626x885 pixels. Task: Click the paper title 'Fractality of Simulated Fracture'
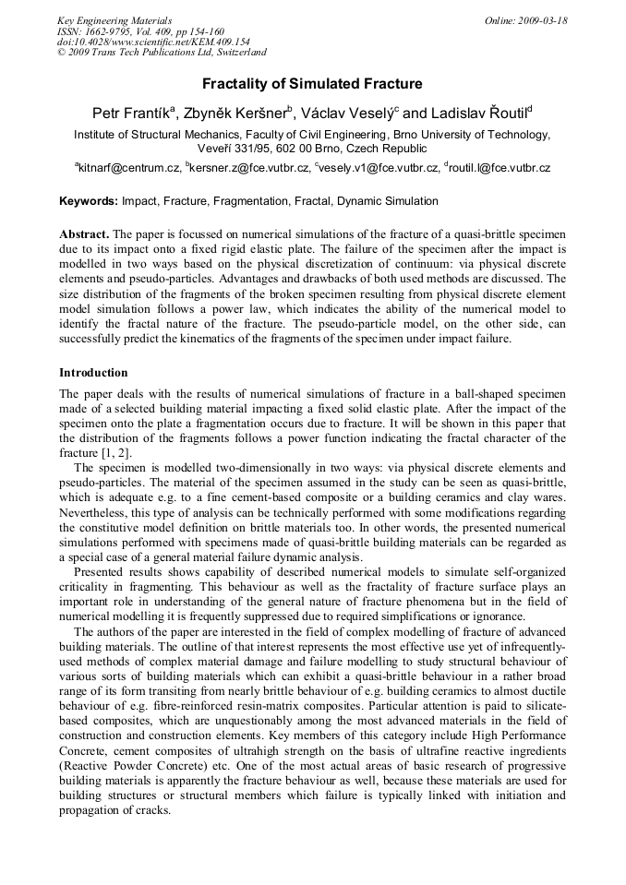312,84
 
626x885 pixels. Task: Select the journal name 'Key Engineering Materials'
114,20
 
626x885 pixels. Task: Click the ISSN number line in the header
140,31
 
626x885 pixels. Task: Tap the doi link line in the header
153,42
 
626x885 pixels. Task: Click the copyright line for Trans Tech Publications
162,53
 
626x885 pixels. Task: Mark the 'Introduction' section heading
93,373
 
